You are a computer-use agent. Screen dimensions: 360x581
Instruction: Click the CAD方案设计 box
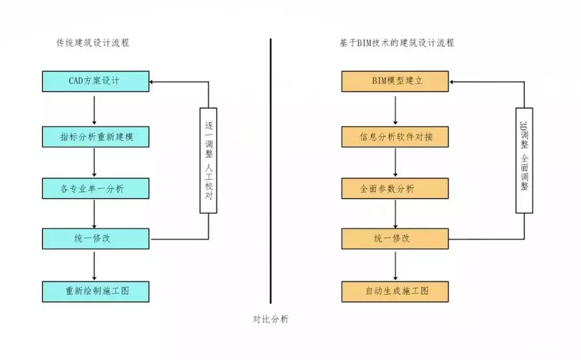pos(96,81)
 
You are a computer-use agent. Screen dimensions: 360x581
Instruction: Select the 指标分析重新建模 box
pos(96,137)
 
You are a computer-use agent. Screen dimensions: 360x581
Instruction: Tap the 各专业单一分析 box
pos(96,188)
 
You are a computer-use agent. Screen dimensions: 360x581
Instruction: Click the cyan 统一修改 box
pos(96,238)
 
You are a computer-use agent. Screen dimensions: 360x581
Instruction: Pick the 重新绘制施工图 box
pos(96,291)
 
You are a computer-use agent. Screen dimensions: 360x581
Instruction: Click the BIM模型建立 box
pos(395,81)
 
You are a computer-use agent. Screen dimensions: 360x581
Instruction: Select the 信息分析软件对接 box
pos(395,137)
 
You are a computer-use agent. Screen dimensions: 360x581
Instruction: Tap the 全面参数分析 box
pos(395,188)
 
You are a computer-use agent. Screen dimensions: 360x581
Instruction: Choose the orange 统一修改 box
pos(395,238)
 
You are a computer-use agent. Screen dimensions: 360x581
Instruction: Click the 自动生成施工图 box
pos(395,291)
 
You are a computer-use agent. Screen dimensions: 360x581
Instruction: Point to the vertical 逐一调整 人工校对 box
pos(208,160)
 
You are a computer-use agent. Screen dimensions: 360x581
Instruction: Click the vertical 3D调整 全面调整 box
pos(524,160)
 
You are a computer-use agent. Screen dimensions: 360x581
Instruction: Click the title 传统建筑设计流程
pos(93,43)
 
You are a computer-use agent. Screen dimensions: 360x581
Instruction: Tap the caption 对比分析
pos(271,319)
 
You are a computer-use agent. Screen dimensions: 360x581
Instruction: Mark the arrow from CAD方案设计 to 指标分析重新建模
pos(95,109)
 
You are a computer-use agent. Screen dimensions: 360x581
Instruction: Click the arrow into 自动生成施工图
pos(396,265)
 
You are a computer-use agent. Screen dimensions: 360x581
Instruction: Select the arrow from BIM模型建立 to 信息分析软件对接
pos(396,109)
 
